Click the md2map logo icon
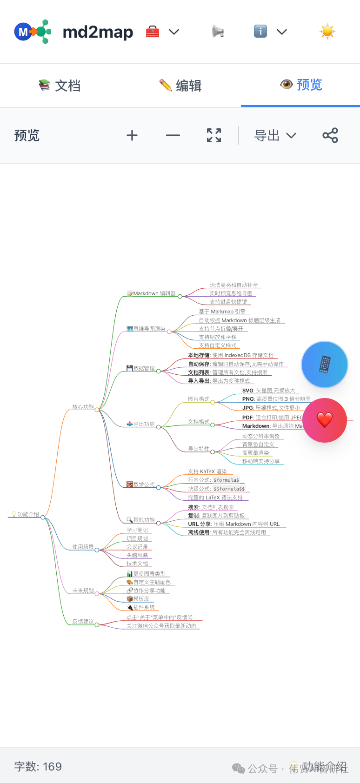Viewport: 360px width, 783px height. point(32,32)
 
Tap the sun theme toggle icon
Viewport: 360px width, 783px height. point(327,32)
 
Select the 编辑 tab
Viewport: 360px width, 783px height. point(180,86)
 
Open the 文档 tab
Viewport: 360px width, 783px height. point(60,86)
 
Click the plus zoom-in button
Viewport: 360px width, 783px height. point(132,135)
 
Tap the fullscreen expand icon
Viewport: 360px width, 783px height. point(214,135)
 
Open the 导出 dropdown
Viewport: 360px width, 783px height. point(275,135)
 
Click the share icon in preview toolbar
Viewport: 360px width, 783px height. point(330,135)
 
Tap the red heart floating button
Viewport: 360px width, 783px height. point(325,420)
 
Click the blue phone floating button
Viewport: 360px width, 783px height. point(325,365)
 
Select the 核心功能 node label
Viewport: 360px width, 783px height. point(83,407)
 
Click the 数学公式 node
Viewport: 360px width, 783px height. point(143,484)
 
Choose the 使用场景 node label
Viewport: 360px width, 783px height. point(83,547)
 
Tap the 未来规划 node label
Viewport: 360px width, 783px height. point(83,591)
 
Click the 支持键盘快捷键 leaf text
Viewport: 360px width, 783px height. point(228,302)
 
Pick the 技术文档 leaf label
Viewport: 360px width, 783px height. point(137,564)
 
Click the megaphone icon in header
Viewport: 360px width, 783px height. point(218,32)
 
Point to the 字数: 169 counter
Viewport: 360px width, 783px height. point(38,767)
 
